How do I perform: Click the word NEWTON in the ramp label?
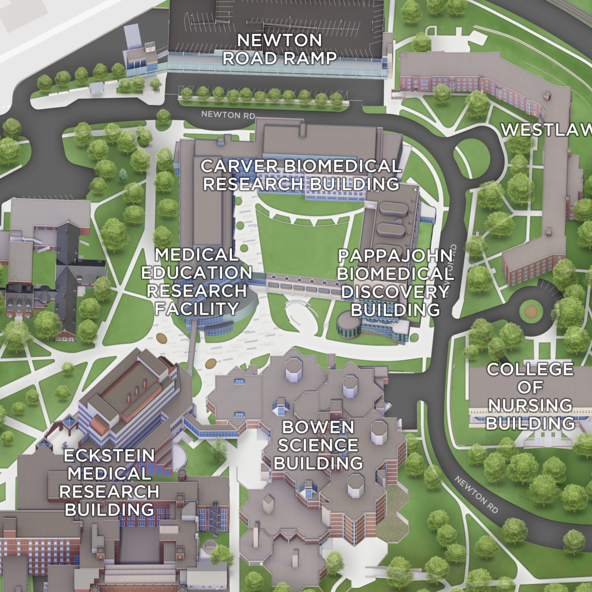coord(279,40)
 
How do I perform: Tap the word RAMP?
coord(310,58)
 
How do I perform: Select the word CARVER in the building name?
coord(240,166)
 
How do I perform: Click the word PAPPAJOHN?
coord(395,255)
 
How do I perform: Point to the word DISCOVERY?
coord(395,292)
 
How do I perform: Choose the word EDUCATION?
coord(196,273)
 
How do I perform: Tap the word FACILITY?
coord(196,309)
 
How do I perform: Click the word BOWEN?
coord(318,427)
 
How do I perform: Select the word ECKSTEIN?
coord(109,456)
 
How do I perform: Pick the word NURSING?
coord(530,405)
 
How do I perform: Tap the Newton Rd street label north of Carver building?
coord(228,115)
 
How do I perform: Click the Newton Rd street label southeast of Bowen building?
coord(476,495)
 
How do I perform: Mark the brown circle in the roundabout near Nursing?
coord(531,311)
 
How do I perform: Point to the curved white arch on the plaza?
coord(298,311)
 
